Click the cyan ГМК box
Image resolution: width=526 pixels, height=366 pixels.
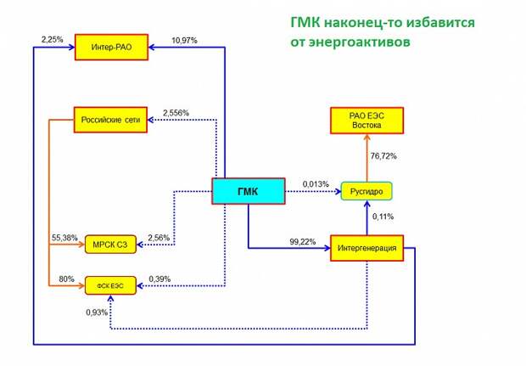[247, 191]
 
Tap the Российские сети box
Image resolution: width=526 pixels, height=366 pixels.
[109, 119]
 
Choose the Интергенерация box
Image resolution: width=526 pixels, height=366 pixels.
[366, 249]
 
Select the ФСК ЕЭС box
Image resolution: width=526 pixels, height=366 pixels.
[109, 286]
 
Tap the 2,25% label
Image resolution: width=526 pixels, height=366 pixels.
[52, 39]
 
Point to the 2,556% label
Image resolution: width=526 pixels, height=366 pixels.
[176, 112]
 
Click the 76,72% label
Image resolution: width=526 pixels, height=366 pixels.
[383, 156]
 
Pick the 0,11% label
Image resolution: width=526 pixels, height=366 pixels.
[383, 217]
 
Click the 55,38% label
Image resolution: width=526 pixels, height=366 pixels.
[65, 237]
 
